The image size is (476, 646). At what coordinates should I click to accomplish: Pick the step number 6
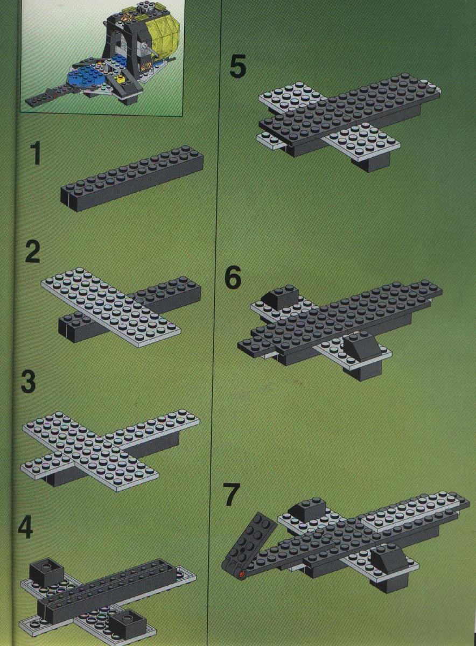pos(233,278)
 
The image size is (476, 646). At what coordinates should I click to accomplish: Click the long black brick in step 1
pos(132,178)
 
